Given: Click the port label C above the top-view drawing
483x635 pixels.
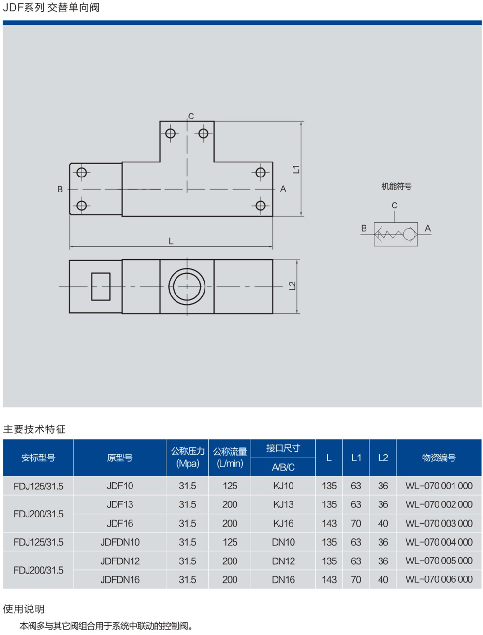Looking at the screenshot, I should point(191,116).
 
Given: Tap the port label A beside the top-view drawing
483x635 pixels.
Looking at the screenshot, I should point(283,189).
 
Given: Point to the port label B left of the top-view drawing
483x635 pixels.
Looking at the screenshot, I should point(60,189).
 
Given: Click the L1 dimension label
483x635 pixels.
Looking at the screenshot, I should point(296,169).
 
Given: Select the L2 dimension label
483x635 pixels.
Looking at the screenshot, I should point(292,286).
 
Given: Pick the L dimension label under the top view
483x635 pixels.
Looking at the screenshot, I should point(171,241).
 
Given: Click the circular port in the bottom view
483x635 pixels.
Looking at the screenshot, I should point(187,287).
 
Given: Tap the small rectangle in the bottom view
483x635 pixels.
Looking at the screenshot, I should point(101,287).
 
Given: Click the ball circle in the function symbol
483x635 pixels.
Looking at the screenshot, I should point(410,235).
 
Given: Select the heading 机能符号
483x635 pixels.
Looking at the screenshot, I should point(396,186).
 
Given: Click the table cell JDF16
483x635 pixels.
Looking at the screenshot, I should point(120,523).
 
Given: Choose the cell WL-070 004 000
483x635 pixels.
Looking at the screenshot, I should point(439,542).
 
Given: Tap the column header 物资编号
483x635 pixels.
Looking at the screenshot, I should point(439,458).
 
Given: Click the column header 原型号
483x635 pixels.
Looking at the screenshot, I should point(120,458).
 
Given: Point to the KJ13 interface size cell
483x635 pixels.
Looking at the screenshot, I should point(283,504).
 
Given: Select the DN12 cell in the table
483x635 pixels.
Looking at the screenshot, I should point(283,561).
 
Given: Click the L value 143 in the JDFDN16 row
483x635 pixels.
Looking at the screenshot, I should point(329,579).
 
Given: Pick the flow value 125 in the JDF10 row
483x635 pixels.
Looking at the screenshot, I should point(230,486).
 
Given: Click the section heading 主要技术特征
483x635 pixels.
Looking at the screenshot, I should point(34,429).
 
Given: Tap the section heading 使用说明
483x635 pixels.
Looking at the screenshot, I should point(24,609).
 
